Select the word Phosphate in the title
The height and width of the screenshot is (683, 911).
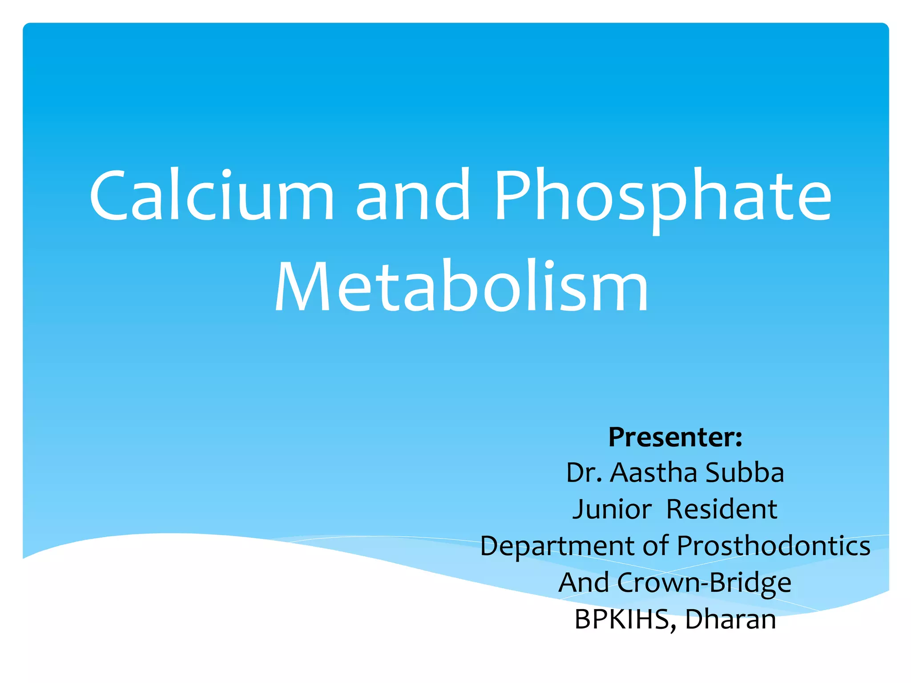(x=663, y=196)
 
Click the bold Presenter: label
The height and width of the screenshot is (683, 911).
(x=675, y=437)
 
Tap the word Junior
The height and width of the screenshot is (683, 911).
(x=612, y=509)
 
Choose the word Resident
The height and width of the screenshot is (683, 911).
(x=722, y=509)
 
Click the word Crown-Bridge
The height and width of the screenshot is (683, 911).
(x=704, y=583)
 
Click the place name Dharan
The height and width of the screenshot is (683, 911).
(x=730, y=619)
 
